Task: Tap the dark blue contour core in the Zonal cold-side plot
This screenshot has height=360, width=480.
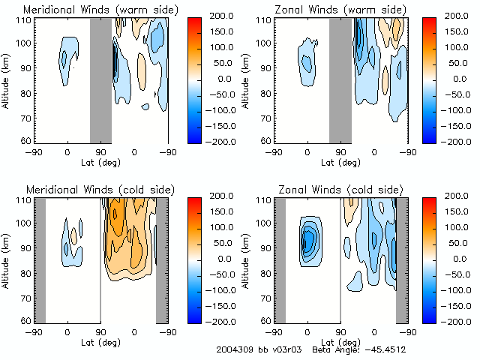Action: tap(307, 240)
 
